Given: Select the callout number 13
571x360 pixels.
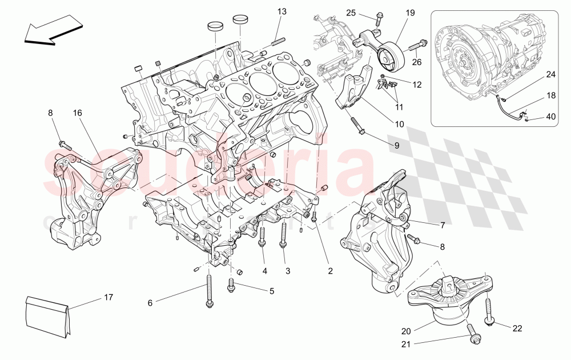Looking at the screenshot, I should click(x=283, y=11).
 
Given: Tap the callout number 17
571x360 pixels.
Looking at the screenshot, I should click(x=108, y=297).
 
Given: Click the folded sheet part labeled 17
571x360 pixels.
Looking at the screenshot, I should click(x=49, y=316).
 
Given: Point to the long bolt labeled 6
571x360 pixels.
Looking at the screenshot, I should click(x=210, y=291).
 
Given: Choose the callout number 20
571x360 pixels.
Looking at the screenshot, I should click(x=406, y=331).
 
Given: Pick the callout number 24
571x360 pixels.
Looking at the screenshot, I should click(x=550, y=74).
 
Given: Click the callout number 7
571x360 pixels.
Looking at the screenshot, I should click(x=442, y=225).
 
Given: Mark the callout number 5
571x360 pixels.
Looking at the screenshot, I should click(x=271, y=291).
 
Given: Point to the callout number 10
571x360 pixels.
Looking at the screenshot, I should click(x=399, y=124).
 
